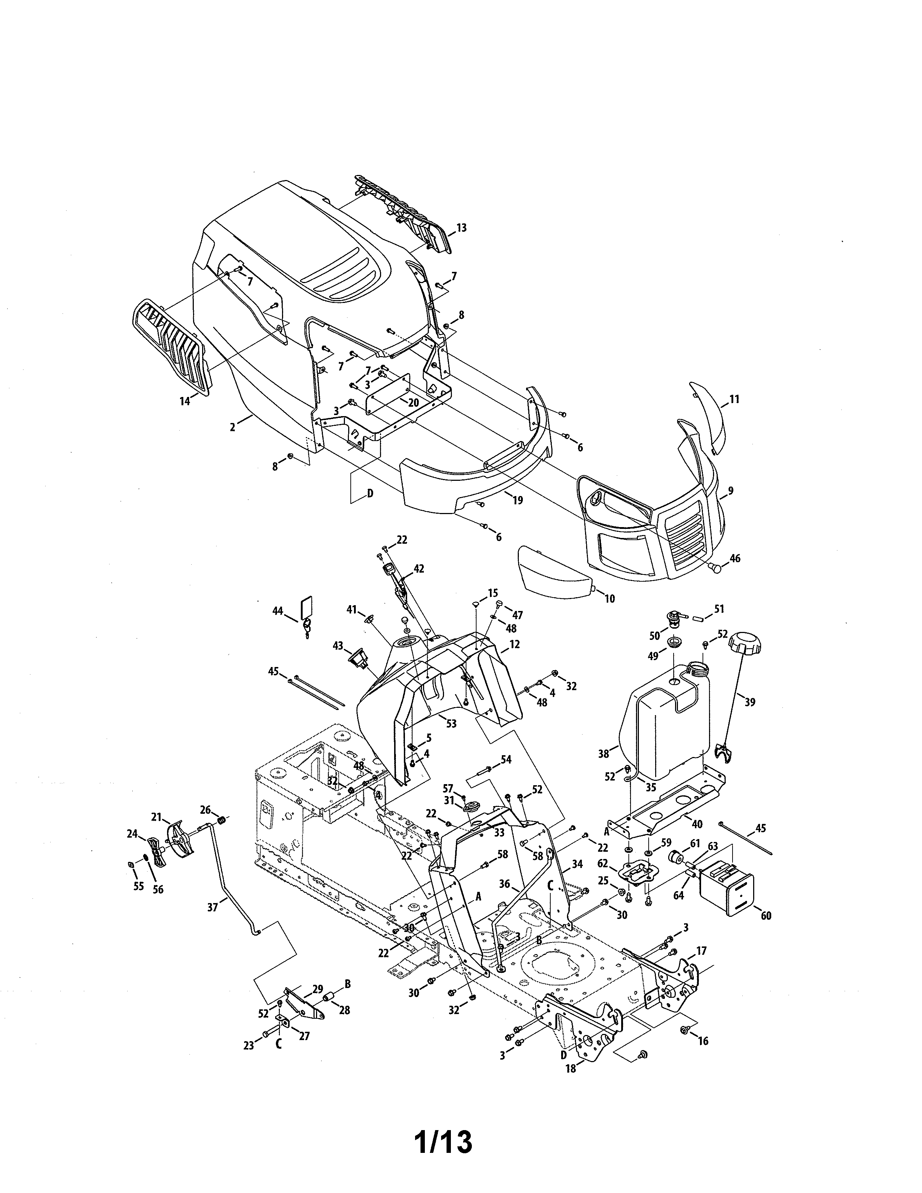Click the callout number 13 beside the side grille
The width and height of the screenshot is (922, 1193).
click(462, 228)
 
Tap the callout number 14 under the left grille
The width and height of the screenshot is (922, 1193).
click(185, 401)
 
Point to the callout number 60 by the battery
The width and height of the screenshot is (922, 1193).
click(766, 915)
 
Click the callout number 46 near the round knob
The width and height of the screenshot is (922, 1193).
click(735, 558)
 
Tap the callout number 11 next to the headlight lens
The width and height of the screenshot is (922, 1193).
click(734, 399)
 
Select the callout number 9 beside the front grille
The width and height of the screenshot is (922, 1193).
click(730, 491)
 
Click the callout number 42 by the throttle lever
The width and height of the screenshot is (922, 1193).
click(418, 569)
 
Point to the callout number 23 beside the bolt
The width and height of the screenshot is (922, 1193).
click(248, 1046)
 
